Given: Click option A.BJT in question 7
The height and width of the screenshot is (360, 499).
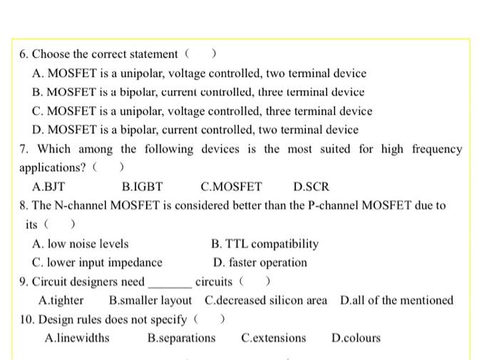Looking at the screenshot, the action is [x=49, y=187].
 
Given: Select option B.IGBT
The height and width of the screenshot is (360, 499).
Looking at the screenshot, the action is [x=143, y=187].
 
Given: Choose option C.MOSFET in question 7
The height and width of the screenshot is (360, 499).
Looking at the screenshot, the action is [x=232, y=187].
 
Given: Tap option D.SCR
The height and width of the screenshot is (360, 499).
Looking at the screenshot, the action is [x=312, y=187].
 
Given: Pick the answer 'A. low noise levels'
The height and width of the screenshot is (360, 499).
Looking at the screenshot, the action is [x=81, y=244].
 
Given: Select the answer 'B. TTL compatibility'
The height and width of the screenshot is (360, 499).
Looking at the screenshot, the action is [x=265, y=244].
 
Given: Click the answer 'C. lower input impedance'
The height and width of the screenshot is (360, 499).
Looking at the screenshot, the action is [x=98, y=262].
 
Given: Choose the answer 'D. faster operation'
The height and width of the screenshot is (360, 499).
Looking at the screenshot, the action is [x=260, y=262].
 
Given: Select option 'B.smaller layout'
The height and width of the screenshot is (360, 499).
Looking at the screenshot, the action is [x=150, y=300].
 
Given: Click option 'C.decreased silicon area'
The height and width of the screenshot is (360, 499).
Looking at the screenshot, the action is [x=266, y=300].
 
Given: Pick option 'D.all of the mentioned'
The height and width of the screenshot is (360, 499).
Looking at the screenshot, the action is [x=396, y=300].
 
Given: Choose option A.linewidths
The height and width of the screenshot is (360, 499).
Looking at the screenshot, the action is [x=77, y=338].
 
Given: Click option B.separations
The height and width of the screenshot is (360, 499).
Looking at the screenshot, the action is [x=181, y=338].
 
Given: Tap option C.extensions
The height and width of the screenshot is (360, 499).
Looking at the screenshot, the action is [x=273, y=338].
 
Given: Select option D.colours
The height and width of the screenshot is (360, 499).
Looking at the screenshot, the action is [x=356, y=338].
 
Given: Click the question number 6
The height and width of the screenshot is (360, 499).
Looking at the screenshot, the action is [x=24, y=54].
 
